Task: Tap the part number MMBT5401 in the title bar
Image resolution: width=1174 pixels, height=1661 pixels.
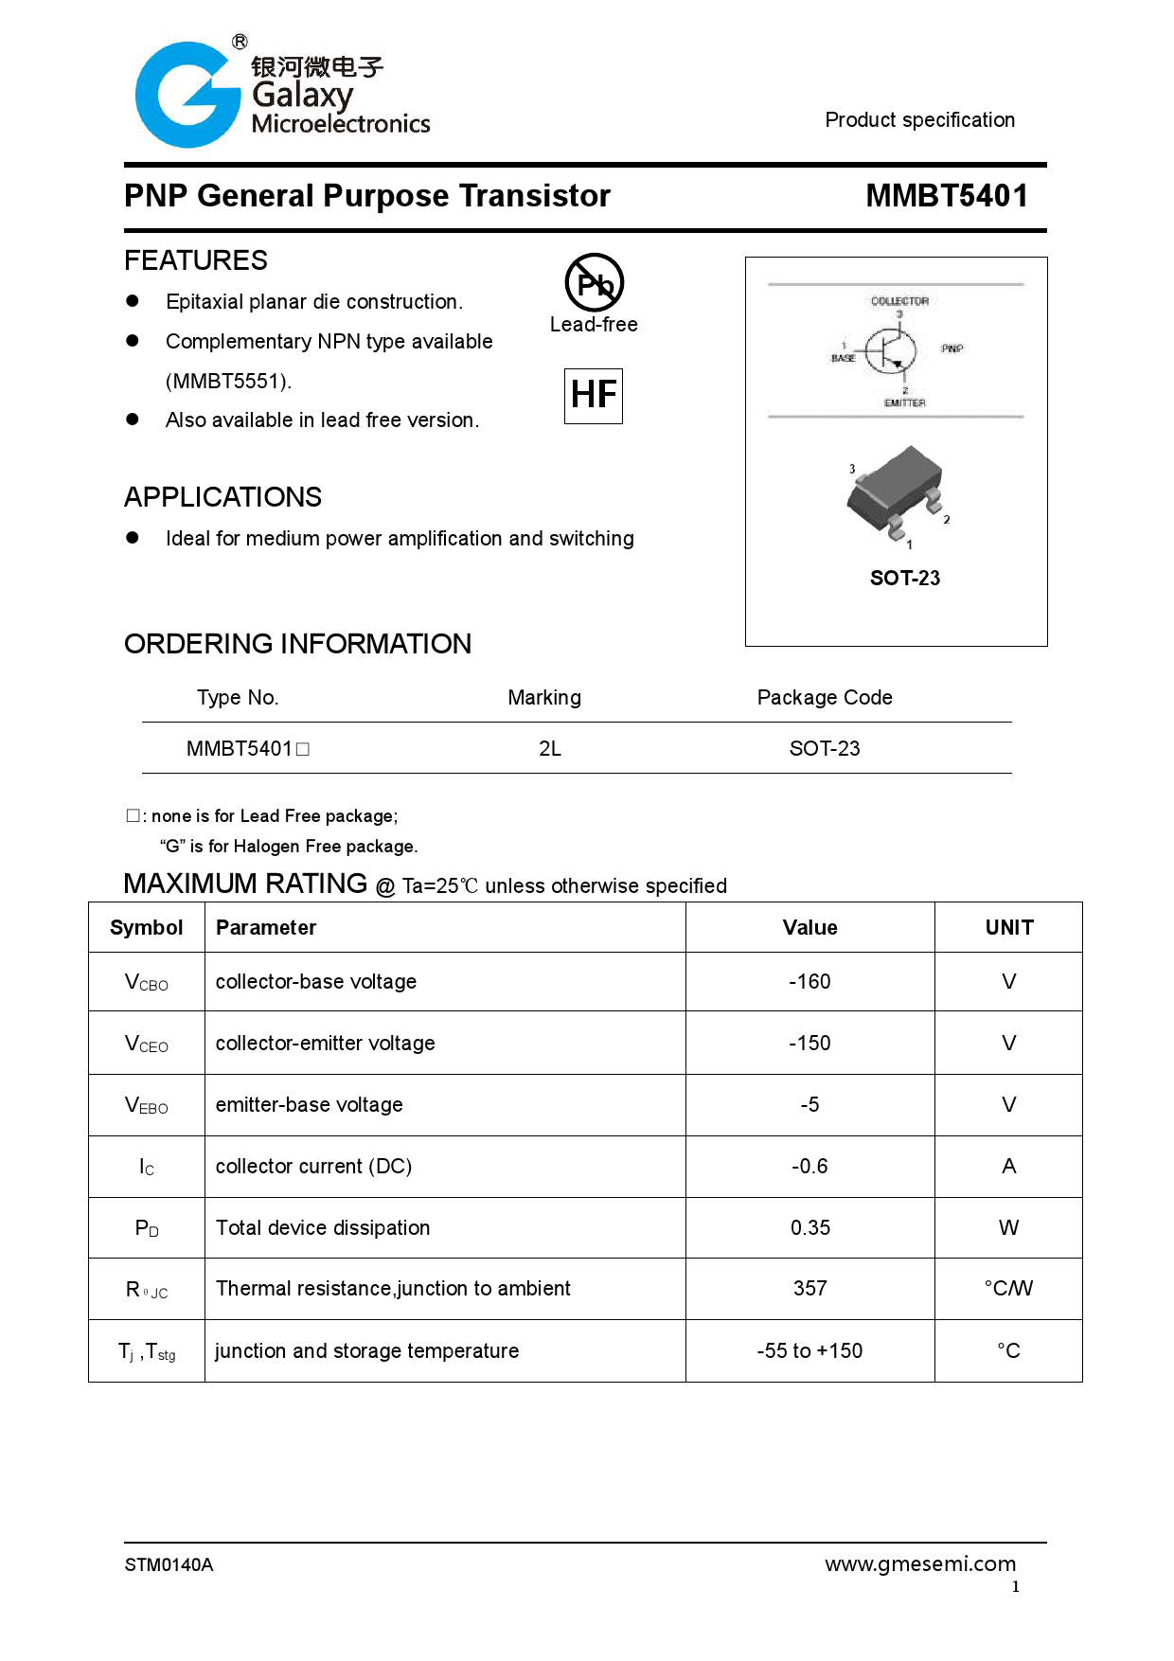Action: [946, 196]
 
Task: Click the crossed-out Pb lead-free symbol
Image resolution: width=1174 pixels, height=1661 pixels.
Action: [594, 282]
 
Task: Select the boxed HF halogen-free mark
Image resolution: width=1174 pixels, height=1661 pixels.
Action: [594, 396]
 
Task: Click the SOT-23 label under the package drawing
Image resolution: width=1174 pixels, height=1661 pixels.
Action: [904, 578]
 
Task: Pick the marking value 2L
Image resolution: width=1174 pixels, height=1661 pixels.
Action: [550, 749]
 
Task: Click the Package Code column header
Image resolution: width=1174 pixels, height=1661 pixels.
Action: [824, 698]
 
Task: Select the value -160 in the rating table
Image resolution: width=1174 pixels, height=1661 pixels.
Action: [809, 982]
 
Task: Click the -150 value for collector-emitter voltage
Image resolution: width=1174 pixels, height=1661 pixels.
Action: [809, 1044]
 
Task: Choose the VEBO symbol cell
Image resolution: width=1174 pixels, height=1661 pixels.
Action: [147, 1105]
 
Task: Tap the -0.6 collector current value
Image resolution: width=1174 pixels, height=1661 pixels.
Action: [809, 1167]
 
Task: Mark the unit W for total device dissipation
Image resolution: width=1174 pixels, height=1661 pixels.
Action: [1008, 1228]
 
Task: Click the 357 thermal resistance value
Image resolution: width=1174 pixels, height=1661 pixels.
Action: [809, 1289]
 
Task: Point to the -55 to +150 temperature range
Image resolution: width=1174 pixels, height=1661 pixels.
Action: [809, 1351]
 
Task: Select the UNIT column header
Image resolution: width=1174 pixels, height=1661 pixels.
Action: [1008, 928]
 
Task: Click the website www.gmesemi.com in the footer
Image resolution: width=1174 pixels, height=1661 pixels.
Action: [919, 1564]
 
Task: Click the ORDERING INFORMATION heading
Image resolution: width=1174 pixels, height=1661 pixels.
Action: [297, 644]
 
